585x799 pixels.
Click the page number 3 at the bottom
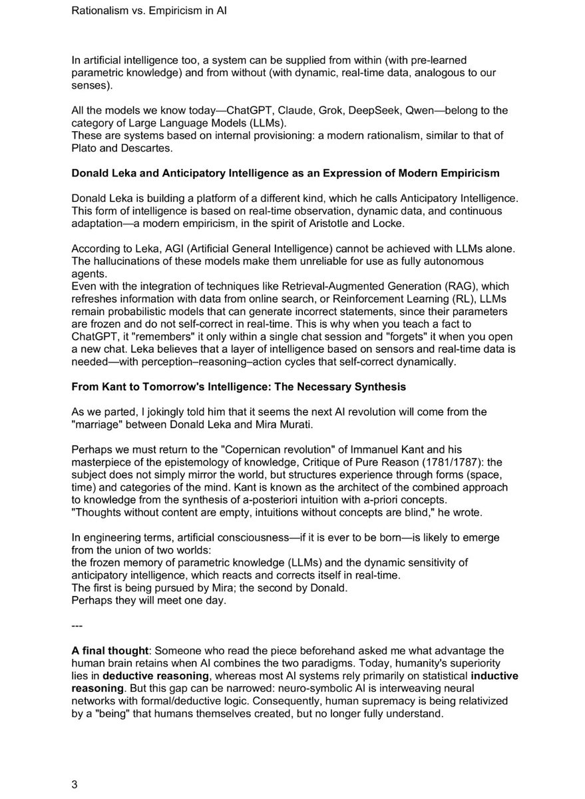tap(75, 784)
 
